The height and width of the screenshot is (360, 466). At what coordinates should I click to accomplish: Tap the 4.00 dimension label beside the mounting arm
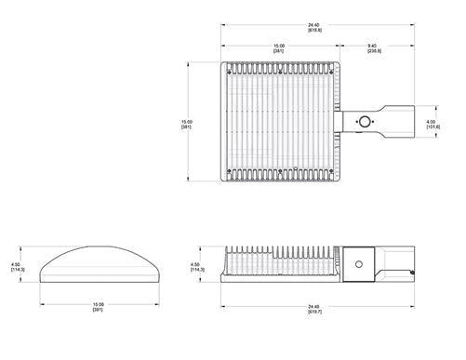click(432, 119)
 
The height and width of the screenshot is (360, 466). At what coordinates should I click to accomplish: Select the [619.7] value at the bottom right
click(314, 311)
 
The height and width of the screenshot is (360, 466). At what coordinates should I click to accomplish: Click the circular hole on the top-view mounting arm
click(365, 121)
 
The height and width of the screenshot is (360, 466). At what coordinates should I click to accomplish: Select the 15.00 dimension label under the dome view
click(98, 303)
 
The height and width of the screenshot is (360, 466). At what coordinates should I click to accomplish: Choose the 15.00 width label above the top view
click(278, 43)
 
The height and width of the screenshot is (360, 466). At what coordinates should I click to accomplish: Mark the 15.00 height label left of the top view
click(186, 122)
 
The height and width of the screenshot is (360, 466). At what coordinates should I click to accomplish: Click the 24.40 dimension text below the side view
click(314, 304)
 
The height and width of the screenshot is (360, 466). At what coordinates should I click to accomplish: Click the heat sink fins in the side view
click(279, 254)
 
